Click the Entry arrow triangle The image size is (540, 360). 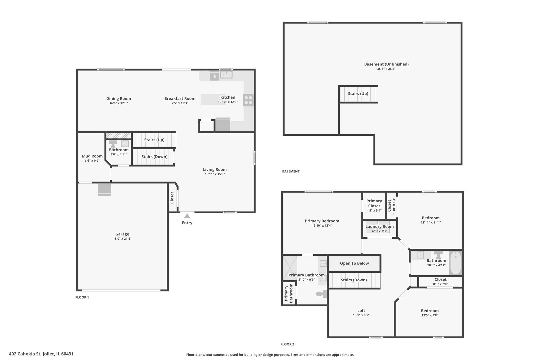pos(187,216)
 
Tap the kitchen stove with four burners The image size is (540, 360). pos(248,100)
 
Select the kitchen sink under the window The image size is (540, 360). pos(226,75)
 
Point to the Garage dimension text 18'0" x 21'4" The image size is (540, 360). pos(122,239)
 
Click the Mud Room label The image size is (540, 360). pos(92,156)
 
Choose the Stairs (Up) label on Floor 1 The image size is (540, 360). pos(154,140)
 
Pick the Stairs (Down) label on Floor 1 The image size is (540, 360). pos(154,157)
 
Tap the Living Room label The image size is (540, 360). pos(215,170)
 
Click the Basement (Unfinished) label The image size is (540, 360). pos(386,64)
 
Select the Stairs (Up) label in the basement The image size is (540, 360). pos(358,94)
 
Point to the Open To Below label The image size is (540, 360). pos(354,263)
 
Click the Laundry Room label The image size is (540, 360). pos(379,226)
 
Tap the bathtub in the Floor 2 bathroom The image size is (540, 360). pos(455,263)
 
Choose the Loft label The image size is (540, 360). pos(361,311)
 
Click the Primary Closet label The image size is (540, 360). pos(374,203)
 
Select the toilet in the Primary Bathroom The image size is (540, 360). pos(321,294)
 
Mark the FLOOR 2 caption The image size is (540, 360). pos(287,344)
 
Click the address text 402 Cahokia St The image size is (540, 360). pos(25,354)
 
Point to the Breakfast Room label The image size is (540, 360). pos(180,98)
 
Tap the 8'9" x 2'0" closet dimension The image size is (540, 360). pos(440,284)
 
